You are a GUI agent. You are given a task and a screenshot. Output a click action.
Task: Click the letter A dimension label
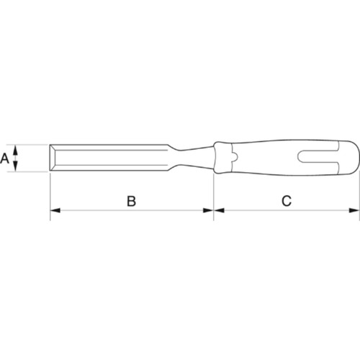click(x=5, y=158)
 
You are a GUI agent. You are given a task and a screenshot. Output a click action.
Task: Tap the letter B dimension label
click(x=131, y=201)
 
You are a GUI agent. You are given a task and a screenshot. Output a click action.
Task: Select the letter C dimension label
click(x=287, y=201)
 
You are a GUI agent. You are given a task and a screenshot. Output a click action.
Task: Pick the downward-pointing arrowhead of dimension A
click(x=15, y=166)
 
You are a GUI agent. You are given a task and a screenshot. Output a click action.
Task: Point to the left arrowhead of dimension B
click(x=55, y=210)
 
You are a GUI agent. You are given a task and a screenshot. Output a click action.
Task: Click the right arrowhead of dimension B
click(x=208, y=210)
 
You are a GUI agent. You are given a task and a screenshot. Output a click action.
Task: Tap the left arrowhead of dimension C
click(x=219, y=210)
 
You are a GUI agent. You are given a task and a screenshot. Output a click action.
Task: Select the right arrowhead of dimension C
click(x=354, y=210)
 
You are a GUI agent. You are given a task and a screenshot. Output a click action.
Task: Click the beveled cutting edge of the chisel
click(x=53, y=158)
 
